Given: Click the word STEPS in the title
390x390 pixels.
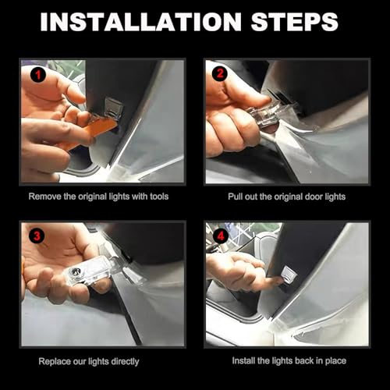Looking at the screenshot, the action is (295, 22).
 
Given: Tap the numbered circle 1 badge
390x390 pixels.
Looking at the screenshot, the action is (38, 75).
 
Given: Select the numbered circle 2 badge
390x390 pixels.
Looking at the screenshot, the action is (220, 73).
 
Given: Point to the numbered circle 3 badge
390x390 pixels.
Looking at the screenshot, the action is (37, 236).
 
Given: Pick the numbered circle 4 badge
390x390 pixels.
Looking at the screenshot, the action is (221, 236).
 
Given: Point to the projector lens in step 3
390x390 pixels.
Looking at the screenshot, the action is (75, 271).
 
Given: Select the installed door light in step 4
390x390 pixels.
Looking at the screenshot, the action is (289, 275).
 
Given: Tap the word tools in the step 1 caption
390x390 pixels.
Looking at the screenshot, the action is (159, 197).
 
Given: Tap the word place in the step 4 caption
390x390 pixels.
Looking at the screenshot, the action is (335, 361).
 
